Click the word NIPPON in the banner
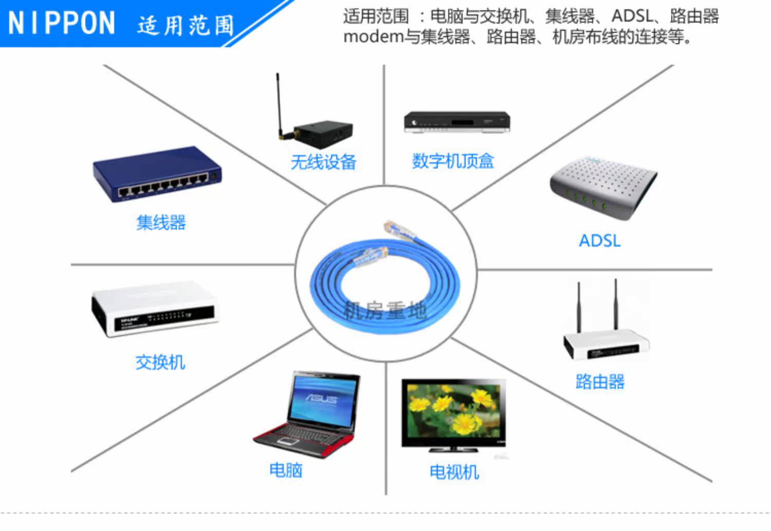(62, 23)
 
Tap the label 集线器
(161, 223)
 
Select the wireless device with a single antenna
(321, 132)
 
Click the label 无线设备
(323, 162)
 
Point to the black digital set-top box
(457, 122)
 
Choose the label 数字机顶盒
(453, 161)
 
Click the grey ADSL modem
(603, 186)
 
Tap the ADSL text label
(599, 241)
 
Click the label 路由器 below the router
(600, 381)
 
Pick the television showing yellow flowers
(453, 414)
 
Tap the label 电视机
(454, 471)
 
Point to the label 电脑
(286, 469)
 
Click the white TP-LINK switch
(154, 308)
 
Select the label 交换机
(160, 362)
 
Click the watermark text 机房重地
(385, 310)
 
